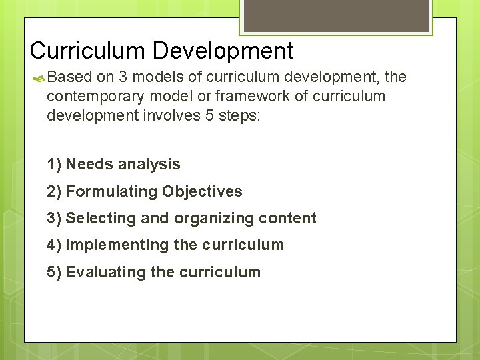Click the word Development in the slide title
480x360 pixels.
point(223,51)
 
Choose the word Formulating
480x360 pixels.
point(111,191)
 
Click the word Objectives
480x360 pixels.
point(202,191)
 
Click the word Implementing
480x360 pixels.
point(117,245)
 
